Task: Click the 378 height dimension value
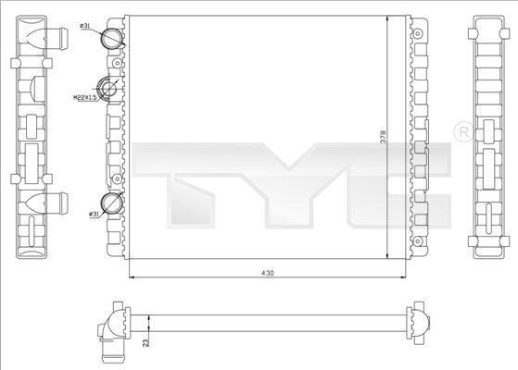point(383,138)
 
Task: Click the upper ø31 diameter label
point(86,26)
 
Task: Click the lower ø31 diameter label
point(94,215)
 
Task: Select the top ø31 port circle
point(112,38)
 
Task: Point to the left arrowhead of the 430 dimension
point(129,277)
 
